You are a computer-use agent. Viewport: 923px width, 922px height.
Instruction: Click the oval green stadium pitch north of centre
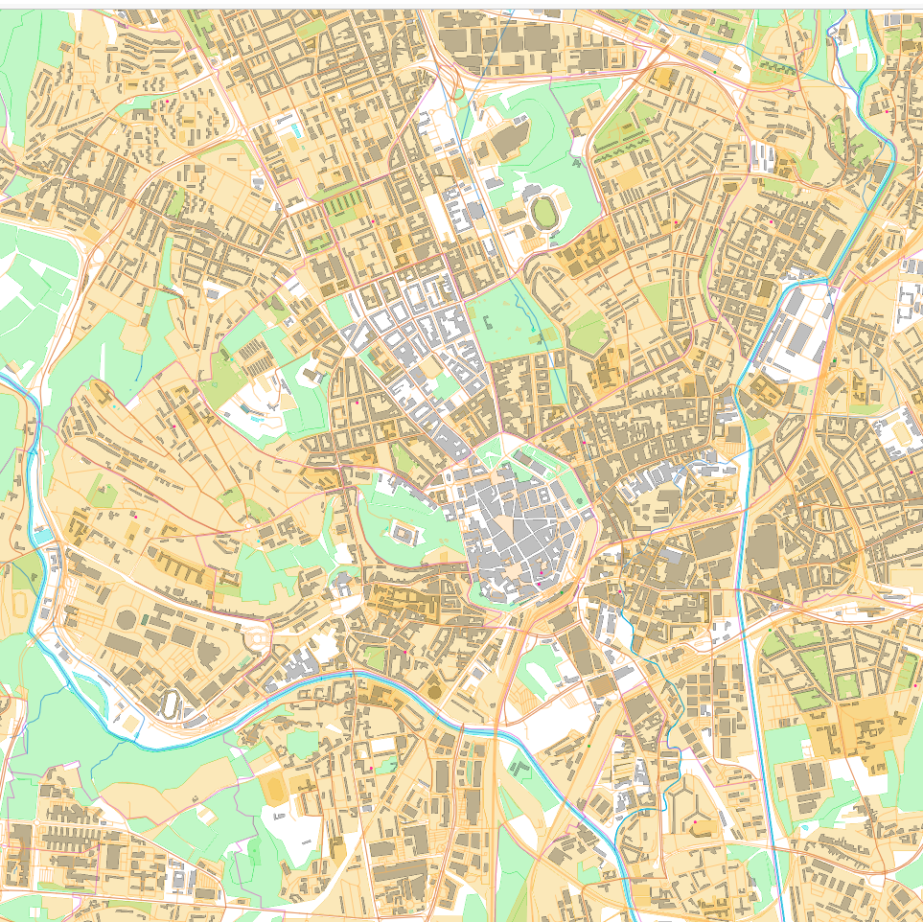(545, 212)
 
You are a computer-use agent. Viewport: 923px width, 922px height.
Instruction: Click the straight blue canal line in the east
(757, 671)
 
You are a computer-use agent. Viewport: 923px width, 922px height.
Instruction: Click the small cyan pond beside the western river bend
(42, 535)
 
